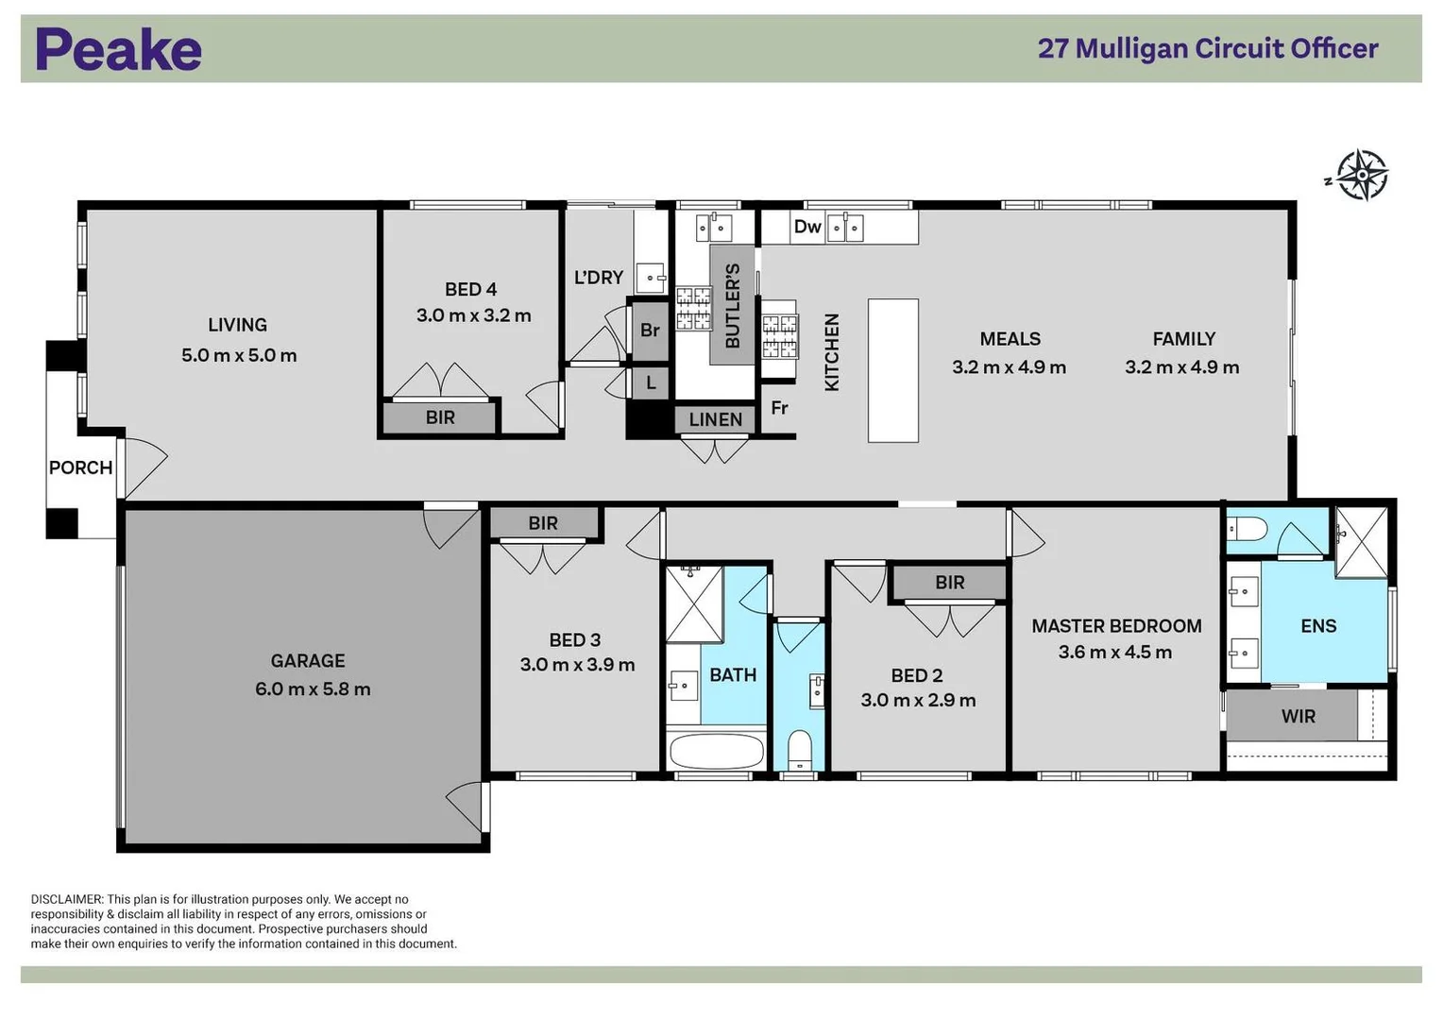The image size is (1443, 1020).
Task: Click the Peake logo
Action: point(118,49)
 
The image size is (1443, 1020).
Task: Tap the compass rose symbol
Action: point(1361,175)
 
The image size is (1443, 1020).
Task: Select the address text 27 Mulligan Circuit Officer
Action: point(1207,48)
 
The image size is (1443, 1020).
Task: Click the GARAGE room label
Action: point(308,661)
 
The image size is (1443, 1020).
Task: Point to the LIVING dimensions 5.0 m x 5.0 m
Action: point(239,356)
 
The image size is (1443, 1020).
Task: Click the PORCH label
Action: point(80,467)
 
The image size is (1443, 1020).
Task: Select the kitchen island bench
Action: point(892,370)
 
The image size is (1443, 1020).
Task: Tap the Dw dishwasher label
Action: point(806,227)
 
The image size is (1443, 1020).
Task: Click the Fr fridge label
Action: point(779,408)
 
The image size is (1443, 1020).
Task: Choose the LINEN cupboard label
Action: point(715,419)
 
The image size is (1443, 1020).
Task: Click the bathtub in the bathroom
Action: point(716,753)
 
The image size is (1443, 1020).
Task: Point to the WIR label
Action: point(1298,716)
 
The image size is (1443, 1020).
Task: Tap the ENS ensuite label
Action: point(1318,626)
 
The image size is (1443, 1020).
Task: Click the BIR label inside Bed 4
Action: point(440,417)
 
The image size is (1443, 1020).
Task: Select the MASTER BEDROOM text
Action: point(1116,626)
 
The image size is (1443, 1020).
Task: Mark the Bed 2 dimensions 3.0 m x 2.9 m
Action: point(918,701)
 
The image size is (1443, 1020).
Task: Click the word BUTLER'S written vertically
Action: point(733,305)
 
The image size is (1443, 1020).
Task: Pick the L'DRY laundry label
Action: point(599,278)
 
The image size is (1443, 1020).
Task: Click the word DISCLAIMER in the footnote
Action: point(66,899)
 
